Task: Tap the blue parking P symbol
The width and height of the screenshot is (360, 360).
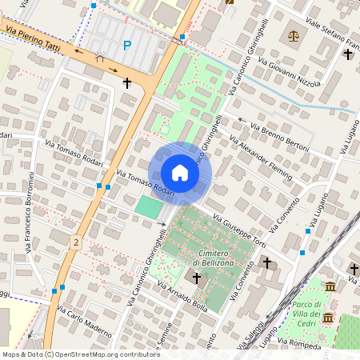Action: [126, 46]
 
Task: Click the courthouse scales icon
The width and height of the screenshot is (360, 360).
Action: [293, 36]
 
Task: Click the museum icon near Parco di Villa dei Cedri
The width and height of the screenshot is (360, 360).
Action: [330, 286]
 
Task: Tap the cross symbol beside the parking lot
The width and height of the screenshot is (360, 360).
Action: [126, 82]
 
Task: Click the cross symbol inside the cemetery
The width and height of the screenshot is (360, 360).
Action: [196, 277]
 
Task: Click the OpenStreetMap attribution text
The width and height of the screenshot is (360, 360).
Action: [70, 354]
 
